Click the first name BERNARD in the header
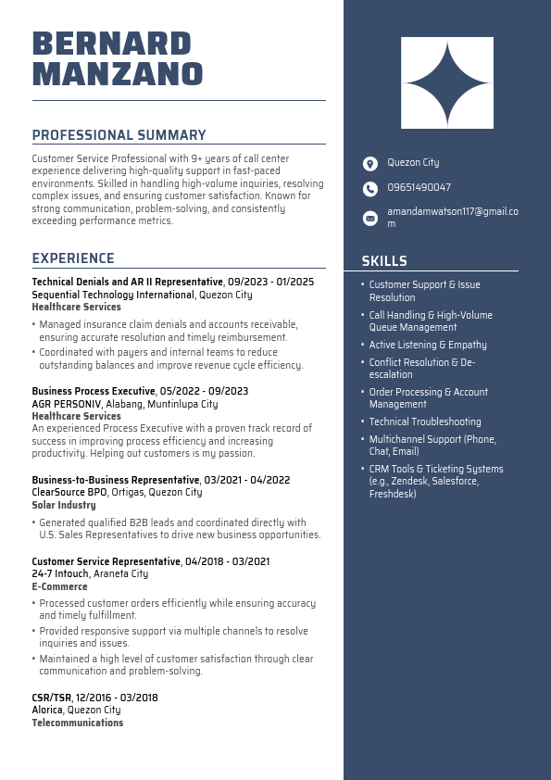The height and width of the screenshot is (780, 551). (111, 44)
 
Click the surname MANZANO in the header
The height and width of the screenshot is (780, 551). (118, 74)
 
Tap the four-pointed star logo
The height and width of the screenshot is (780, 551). (447, 83)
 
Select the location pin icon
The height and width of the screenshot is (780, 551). (370, 163)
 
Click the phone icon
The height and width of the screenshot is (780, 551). (370, 189)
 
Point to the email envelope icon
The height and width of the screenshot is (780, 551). (370, 218)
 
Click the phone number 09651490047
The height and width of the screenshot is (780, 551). (419, 188)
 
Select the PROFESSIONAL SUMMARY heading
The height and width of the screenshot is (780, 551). (119, 135)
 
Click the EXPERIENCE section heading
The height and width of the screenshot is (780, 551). (73, 258)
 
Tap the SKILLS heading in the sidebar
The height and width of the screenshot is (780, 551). (384, 261)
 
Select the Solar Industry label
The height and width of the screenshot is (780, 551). (64, 506)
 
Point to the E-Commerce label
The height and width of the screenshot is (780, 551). (59, 586)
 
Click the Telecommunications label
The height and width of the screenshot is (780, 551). (77, 723)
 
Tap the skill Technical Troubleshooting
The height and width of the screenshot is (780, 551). (425, 421)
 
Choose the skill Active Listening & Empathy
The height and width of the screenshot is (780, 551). (428, 345)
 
